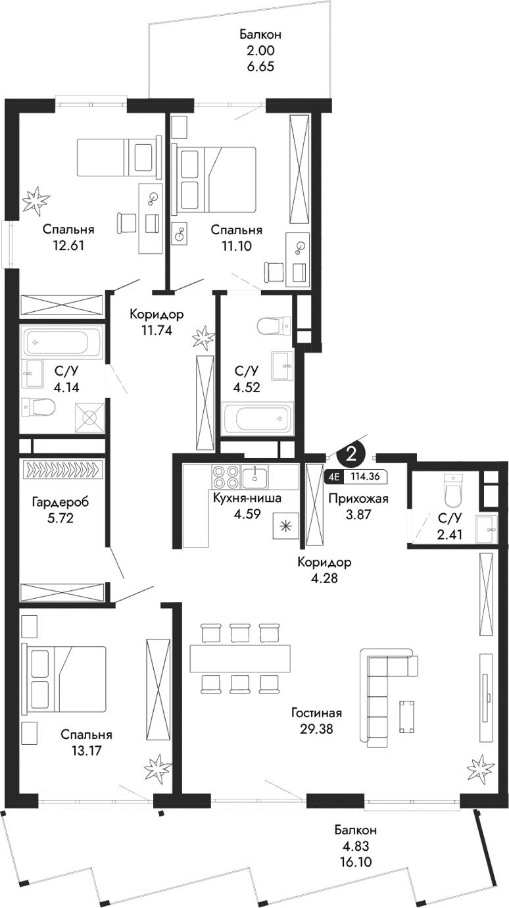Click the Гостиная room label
point(318,713)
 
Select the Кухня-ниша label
point(247,498)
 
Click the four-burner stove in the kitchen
point(225,476)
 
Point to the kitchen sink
point(254,475)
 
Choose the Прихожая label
point(358,499)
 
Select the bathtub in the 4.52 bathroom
point(256,420)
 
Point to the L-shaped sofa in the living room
point(379,697)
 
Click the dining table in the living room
point(239,658)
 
